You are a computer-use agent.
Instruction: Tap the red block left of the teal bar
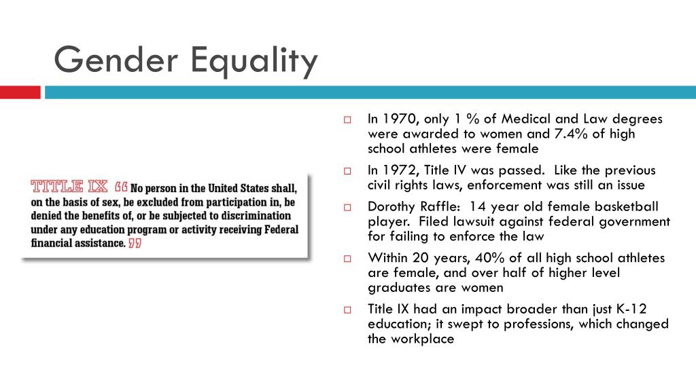20,92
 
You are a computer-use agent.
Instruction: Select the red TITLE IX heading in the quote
69,186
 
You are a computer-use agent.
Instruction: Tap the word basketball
625,206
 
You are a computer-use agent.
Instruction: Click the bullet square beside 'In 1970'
347,119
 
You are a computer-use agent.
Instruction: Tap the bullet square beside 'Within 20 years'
347,259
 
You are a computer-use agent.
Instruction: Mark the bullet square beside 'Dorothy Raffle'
347,207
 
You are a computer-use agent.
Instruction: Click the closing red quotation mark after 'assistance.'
135,243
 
